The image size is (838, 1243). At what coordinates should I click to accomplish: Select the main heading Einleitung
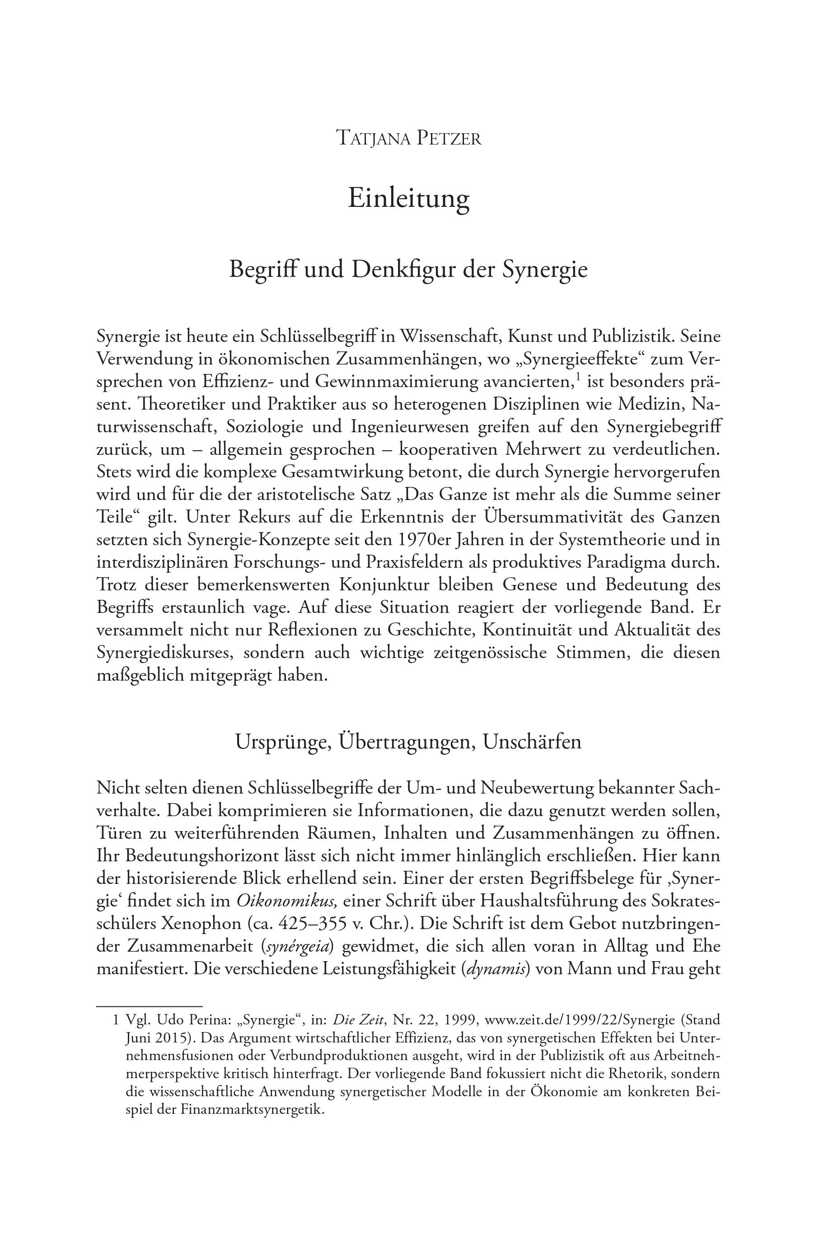coord(409,198)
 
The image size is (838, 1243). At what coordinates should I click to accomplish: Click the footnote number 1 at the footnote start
coord(116,1020)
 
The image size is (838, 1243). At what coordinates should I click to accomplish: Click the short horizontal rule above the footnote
coord(149,1006)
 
